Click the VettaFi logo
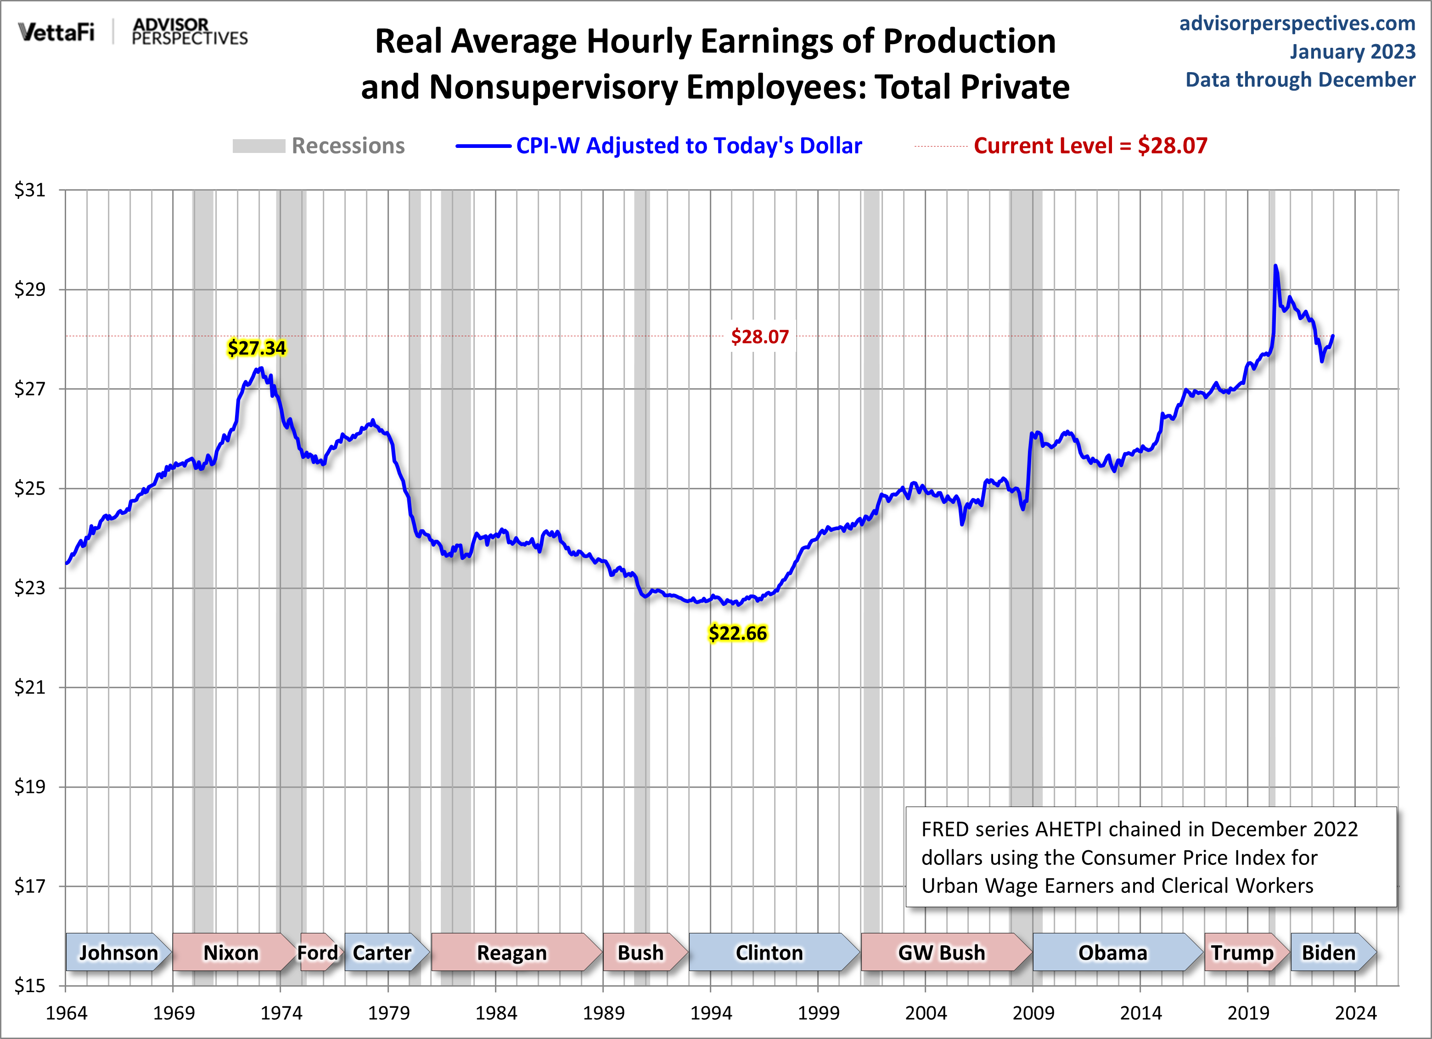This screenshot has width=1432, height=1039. (56, 32)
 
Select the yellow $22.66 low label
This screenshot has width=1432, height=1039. (737, 633)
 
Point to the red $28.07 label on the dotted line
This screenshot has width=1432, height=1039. (759, 337)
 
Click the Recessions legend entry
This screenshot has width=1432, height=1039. (319, 146)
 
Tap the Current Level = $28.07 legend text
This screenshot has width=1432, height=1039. (1090, 146)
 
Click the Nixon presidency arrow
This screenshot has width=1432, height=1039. (231, 952)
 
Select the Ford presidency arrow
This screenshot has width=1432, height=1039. (319, 952)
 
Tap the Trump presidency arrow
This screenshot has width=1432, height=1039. (1242, 952)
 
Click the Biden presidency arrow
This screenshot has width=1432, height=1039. (1329, 952)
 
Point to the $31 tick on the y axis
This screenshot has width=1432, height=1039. (30, 190)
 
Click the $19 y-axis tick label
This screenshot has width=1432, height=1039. (30, 787)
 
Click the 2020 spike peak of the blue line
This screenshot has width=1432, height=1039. (1275, 266)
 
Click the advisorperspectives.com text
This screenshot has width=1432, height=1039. (1297, 23)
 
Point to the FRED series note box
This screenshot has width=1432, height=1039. (1151, 857)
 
